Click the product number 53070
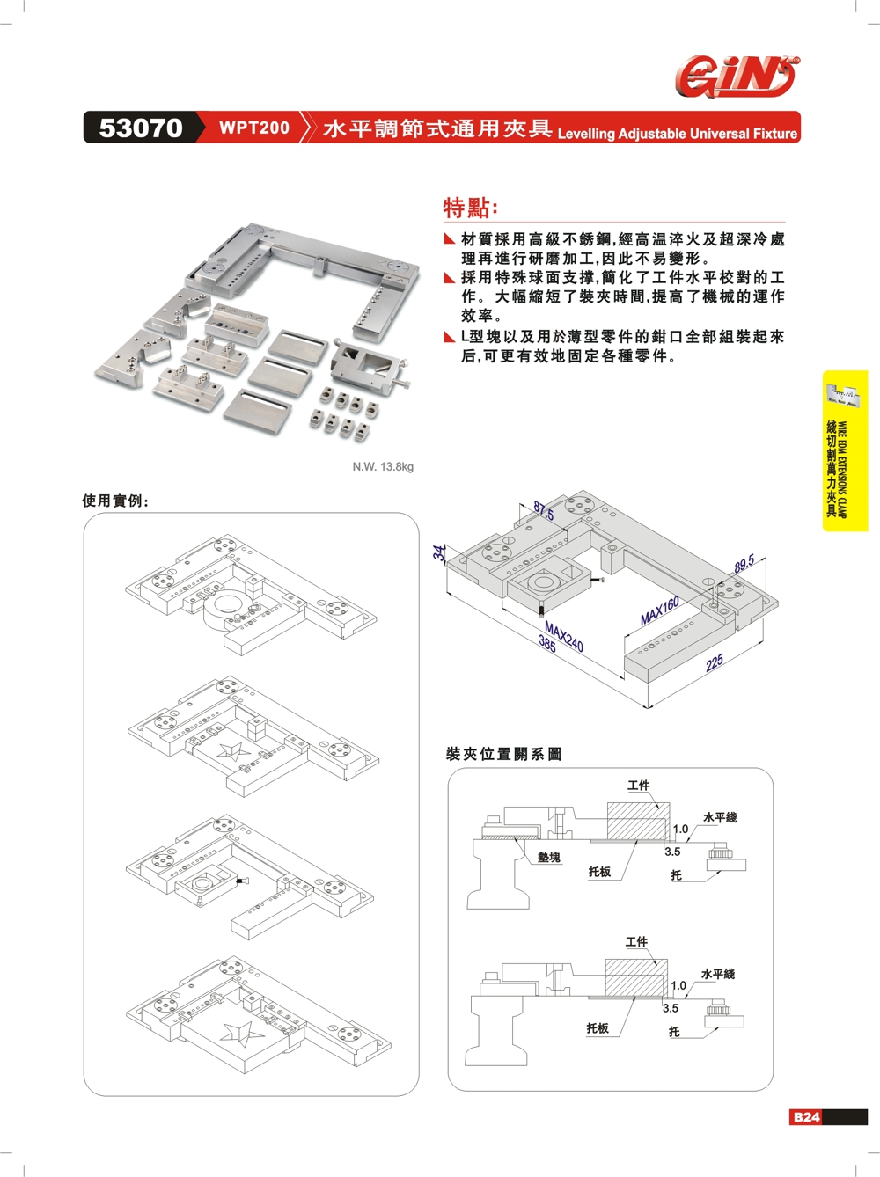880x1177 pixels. pyautogui.click(x=141, y=128)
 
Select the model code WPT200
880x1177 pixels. pyautogui.click(x=253, y=128)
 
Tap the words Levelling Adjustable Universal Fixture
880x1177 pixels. pyautogui.click(x=677, y=134)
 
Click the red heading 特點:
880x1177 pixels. pyautogui.click(x=470, y=208)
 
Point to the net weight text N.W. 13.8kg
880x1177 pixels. pyautogui.click(x=383, y=466)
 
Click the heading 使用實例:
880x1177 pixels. pyautogui.click(x=115, y=501)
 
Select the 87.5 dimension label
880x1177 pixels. pyautogui.click(x=544, y=511)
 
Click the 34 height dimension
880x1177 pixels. pyautogui.click(x=439, y=552)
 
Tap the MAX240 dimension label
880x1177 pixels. pyautogui.click(x=564, y=636)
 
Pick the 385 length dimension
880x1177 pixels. pyautogui.click(x=547, y=646)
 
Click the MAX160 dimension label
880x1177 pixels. pyautogui.click(x=660, y=610)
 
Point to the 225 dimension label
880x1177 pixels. pyautogui.click(x=715, y=662)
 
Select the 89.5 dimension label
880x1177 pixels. pyautogui.click(x=744, y=564)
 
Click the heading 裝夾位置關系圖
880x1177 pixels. pyautogui.click(x=503, y=754)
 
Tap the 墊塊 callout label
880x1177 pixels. pyautogui.click(x=549, y=857)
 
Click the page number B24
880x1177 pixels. pyautogui.click(x=806, y=1117)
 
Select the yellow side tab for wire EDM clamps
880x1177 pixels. pyautogui.click(x=846, y=450)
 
